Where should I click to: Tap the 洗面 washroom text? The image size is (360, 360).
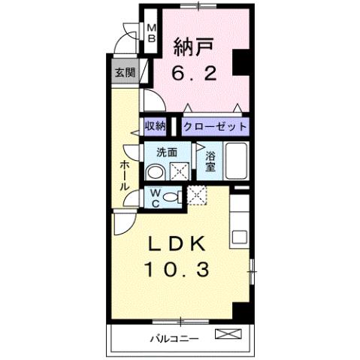click(166, 151)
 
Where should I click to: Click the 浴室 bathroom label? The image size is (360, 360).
click(210, 161)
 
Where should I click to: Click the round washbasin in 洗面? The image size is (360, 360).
click(154, 172)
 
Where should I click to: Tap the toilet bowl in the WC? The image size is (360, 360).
click(172, 198)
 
